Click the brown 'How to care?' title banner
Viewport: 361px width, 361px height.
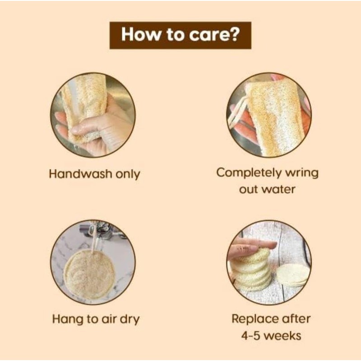coord(180,35)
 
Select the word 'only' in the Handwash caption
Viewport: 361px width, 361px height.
coord(127,174)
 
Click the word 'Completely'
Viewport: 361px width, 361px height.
coord(249,173)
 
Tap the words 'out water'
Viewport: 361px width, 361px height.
coord(267,189)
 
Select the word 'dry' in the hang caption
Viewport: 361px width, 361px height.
coord(130,319)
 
